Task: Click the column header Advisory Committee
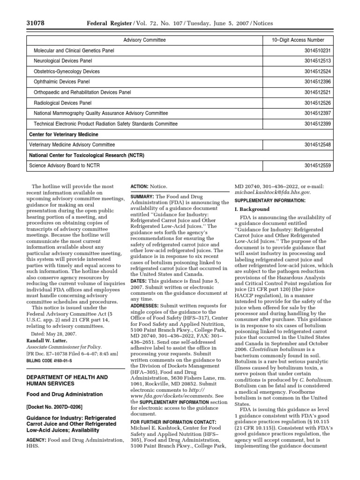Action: tap(144, 40)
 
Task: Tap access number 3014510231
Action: tap(318, 50)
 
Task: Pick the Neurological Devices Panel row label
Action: tap(63, 61)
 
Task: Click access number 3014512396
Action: tap(318, 82)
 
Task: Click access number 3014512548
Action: tap(318, 145)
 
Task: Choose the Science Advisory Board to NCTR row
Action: tap(64, 165)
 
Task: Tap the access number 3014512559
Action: tap(318, 165)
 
